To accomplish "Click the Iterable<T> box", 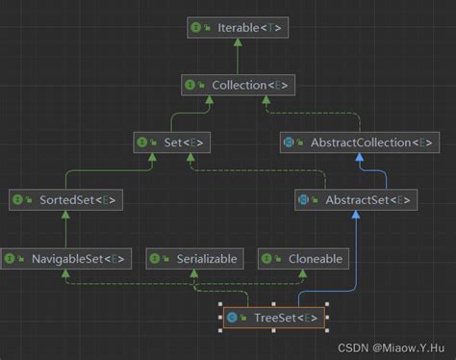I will (x=237, y=28).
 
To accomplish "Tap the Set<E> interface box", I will (x=172, y=142).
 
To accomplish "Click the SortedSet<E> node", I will (x=65, y=200).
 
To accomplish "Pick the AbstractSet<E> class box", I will (x=356, y=200).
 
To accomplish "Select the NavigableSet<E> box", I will (x=65, y=258).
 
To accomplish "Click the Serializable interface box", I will (x=193, y=258).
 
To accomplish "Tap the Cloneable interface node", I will (x=302, y=258).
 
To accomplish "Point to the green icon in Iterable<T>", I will (x=195, y=28).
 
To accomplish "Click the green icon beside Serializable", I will (x=155, y=258).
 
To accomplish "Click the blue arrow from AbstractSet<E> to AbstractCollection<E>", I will (x=357, y=171).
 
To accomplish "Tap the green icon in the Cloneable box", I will (x=266, y=258).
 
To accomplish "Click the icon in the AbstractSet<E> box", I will (x=303, y=200).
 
